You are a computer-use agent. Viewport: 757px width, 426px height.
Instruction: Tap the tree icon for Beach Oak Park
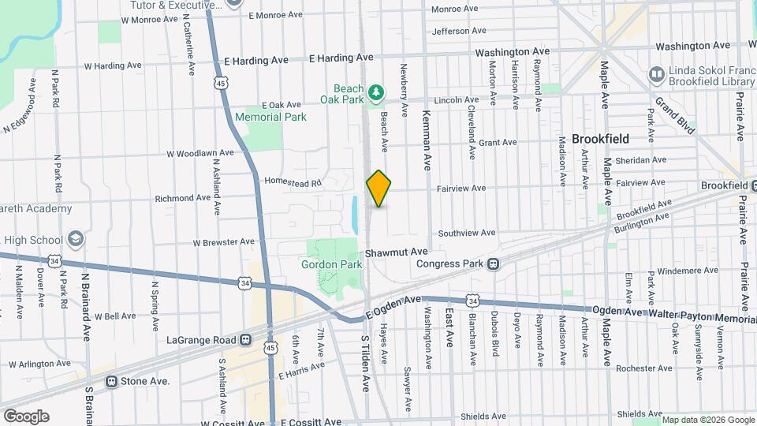[x=377, y=94]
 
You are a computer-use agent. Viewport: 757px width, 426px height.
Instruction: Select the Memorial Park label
[x=270, y=117]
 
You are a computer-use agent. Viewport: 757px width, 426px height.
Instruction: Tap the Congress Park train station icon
[x=493, y=263]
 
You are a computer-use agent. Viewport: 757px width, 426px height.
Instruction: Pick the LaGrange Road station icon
[x=246, y=341]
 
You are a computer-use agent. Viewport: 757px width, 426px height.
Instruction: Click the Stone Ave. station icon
[x=111, y=381]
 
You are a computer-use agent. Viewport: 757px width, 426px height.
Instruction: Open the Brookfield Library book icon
[x=656, y=73]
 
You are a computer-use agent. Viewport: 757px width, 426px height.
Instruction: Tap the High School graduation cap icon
[x=76, y=239]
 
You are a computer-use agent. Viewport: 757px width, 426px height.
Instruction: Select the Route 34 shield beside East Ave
[x=472, y=301]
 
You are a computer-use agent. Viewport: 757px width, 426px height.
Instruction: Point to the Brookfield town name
[x=600, y=139]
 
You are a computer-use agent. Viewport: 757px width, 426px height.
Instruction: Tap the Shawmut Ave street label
[x=396, y=252]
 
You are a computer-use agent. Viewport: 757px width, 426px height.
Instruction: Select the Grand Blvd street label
[x=674, y=115]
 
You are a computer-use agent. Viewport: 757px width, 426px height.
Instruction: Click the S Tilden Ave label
[x=365, y=361]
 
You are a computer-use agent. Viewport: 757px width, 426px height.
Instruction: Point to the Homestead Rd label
[x=293, y=182]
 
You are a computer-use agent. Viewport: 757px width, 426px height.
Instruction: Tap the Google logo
[x=26, y=416]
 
